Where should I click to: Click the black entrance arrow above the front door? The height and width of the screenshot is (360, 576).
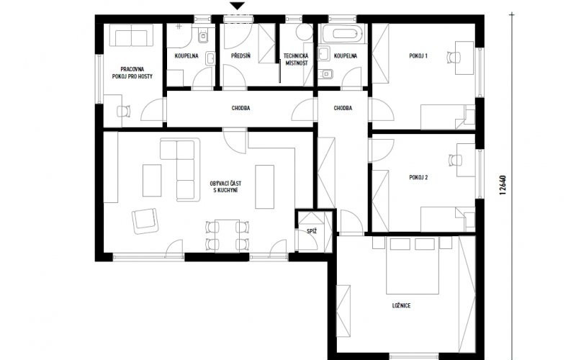(x=238, y=6)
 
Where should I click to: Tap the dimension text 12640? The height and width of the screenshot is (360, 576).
(x=503, y=185)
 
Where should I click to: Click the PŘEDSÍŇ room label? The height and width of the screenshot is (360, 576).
(x=241, y=56)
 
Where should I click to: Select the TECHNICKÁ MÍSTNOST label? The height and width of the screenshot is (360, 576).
(x=296, y=60)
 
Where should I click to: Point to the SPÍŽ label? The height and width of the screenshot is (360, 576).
(x=312, y=231)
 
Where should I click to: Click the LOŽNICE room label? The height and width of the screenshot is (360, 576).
(x=401, y=305)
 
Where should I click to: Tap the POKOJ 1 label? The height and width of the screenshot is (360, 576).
(x=418, y=56)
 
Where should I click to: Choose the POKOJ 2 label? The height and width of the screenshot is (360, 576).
(x=418, y=177)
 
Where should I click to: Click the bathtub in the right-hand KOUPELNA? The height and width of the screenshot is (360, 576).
(x=345, y=34)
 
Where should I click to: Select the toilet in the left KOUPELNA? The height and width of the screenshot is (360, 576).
(x=203, y=35)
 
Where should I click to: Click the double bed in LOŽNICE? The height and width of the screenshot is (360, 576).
(x=412, y=265)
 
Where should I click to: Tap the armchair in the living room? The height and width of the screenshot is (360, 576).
(x=145, y=221)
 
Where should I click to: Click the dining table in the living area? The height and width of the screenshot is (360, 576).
(x=227, y=236)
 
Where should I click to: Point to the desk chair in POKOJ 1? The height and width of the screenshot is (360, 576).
(x=454, y=58)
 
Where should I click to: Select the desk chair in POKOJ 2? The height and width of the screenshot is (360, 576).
(x=456, y=160)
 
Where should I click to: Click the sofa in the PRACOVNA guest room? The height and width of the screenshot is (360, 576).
(x=131, y=35)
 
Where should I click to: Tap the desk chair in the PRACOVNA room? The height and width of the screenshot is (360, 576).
(x=124, y=111)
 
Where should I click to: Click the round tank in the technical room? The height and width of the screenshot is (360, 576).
(x=304, y=32)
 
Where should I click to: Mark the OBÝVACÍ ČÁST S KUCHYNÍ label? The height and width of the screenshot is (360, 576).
(x=225, y=186)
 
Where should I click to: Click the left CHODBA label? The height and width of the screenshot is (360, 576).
(x=241, y=109)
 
